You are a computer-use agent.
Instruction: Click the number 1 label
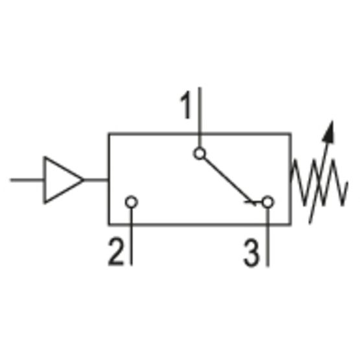(x=186, y=106)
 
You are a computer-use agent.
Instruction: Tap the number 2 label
(x=115, y=252)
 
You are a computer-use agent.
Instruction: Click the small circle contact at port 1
(x=200, y=154)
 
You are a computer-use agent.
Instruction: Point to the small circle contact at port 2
(x=132, y=202)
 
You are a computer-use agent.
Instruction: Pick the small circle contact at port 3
(x=268, y=202)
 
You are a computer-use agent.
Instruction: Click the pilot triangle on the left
(x=61, y=180)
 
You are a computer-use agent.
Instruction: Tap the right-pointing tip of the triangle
(x=84, y=180)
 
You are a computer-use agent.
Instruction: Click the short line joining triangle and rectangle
(x=96, y=180)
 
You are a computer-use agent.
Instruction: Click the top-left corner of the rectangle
(x=109, y=134)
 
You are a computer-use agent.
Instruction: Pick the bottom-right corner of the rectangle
(x=289, y=224)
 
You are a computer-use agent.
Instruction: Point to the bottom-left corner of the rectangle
(x=109, y=224)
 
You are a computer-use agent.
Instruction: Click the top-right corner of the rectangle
(x=289, y=134)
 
